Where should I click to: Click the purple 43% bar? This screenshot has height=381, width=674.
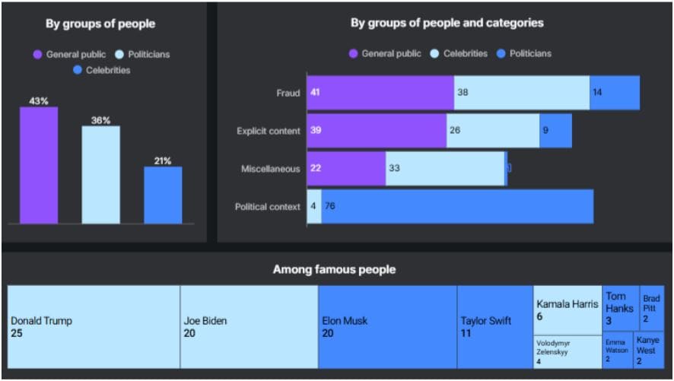(39, 165)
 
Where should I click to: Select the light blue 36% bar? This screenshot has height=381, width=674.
(100, 175)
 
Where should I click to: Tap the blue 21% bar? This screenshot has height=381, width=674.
(163, 195)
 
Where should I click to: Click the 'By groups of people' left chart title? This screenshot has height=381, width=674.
(100, 24)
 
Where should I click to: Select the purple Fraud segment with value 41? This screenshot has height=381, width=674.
(380, 93)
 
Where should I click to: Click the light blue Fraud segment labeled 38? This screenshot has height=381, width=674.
(521, 93)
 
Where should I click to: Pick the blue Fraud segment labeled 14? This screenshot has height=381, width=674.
(615, 93)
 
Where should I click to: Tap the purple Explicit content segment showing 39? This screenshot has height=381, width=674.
(377, 131)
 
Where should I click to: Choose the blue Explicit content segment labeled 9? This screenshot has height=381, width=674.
(555, 131)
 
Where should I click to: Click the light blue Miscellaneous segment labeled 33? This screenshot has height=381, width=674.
(445, 168)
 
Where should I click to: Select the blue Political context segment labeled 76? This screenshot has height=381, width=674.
(457, 206)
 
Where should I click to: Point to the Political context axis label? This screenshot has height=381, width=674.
(268, 206)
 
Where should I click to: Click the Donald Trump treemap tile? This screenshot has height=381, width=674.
(94, 327)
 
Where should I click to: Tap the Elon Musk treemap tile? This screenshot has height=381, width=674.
(387, 327)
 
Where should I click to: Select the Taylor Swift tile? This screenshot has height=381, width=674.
(494, 327)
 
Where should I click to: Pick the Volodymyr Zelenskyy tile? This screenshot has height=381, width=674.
(567, 352)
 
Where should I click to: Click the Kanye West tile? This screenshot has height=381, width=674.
(648, 351)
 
